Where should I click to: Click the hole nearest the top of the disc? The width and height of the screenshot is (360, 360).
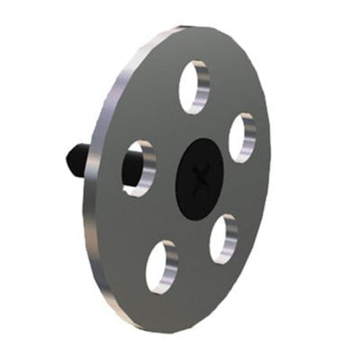click(194, 87)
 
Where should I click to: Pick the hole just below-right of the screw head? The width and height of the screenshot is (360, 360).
click(223, 239)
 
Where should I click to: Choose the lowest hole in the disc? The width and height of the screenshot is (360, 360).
click(162, 267)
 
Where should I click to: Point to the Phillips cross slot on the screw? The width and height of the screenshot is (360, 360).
click(203, 176)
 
